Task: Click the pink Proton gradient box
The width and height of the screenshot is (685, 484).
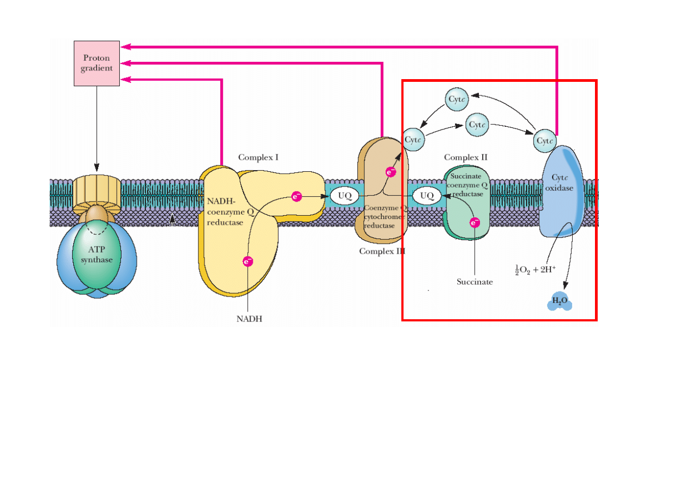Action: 97,63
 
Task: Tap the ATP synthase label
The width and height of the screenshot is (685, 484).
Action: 97,255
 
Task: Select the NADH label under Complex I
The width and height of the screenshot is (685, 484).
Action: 249,319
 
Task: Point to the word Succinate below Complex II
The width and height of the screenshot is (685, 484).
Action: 475,282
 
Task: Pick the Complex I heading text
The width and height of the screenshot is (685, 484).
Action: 258,158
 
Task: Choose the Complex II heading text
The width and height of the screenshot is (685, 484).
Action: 465,157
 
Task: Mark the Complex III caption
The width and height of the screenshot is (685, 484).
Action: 382,251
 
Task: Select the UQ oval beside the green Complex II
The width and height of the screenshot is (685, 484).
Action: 427,196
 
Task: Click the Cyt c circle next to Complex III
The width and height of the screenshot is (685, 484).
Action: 414,139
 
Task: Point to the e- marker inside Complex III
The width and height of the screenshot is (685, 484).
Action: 390,172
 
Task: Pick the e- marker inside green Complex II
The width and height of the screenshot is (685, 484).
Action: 475,222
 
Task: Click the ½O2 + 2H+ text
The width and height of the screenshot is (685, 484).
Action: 535,269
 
